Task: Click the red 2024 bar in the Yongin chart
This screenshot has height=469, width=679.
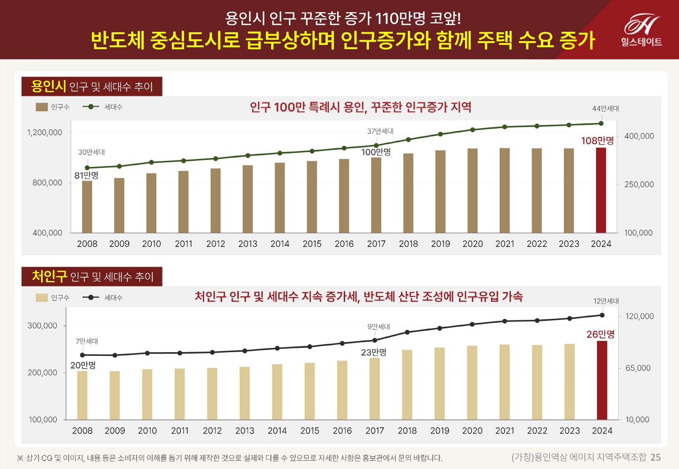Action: pyautogui.click(x=601, y=190)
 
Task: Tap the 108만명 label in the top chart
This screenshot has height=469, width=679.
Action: pyautogui.click(x=597, y=141)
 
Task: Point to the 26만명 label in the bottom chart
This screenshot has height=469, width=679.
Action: pyautogui.click(x=600, y=334)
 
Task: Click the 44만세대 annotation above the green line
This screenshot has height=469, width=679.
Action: pyautogui.click(x=605, y=108)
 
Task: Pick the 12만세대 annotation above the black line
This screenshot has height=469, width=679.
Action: pyautogui.click(x=606, y=301)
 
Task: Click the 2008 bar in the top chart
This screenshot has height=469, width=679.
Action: pyautogui.click(x=87, y=207)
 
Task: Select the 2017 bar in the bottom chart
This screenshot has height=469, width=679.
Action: pyautogui.click(x=375, y=389)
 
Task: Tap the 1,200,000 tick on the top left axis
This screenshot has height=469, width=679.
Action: pyautogui.click(x=45, y=132)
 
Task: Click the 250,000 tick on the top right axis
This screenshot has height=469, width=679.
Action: pyautogui.click(x=639, y=184)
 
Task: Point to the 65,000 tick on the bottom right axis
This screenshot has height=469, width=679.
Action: pyautogui.click(x=638, y=368)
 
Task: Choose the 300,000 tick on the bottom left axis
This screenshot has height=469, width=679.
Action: pyautogui.click(x=43, y=325)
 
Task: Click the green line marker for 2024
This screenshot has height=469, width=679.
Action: pyautogui.click(x=601, y=123)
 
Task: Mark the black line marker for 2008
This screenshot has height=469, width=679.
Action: pyautogui.click(x=83, y=355)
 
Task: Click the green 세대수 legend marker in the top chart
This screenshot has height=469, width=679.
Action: pyautogui.click(x=91, y=107)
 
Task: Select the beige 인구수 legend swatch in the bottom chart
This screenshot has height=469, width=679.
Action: pyautogui.click(x=42, y=298)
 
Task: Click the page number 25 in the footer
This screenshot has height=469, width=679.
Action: pyautogui.click(x=656, y=457)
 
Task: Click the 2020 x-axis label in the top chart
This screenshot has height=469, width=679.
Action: pyautogui.click(x=472, y=244)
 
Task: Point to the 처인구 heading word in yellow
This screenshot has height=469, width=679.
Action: pyautogui.click(x=49, y=276)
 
